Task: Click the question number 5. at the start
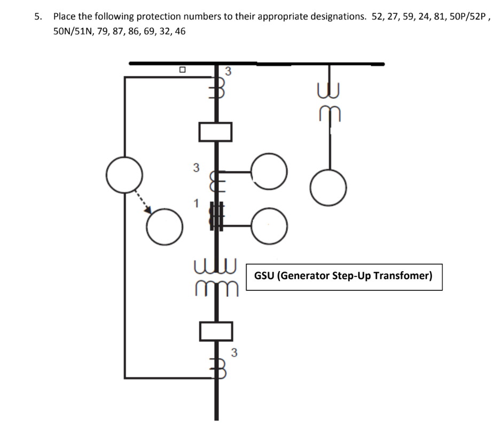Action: tap(37, 17)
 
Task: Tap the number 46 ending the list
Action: tap(180, 31)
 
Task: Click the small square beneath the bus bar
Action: tap(182, 69)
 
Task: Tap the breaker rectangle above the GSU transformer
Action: tap(216, 131)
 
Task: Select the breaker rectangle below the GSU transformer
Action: tap(216, 332)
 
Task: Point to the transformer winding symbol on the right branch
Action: tap(329, 101)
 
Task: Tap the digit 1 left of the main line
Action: tap(197, 203)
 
